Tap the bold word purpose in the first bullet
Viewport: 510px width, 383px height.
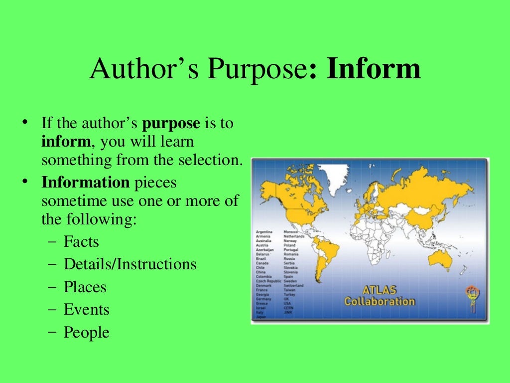(x=171, y=123)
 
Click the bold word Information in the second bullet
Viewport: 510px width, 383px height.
(x=85, y=183)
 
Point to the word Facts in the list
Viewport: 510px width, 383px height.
(x=81, y=242)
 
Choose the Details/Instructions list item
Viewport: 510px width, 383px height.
(x=130, y=264)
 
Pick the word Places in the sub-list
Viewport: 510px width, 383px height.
(x=85, y=287)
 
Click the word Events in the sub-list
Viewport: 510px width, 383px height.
(x=86, y=310)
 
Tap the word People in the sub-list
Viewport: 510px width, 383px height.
(x=86, y=332)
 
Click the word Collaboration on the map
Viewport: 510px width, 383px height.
(x=379, y=301)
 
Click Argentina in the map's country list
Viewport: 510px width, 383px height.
(x=264, y=232)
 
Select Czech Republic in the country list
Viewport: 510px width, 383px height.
(x=268, y=281)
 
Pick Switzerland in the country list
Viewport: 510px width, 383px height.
(x=293, y=285)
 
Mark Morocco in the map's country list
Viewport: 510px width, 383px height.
(x=290, y=232)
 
